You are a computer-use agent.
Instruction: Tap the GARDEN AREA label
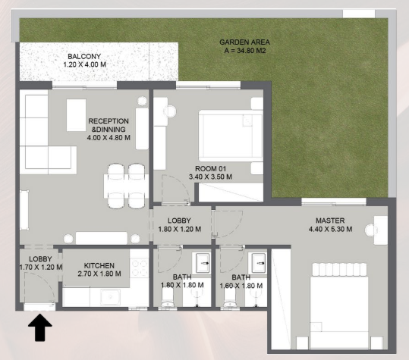(244, 42)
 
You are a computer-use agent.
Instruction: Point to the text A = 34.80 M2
(245, 52)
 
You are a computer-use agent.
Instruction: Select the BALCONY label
(83, 57)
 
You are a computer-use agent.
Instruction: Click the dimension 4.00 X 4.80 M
(109, 138)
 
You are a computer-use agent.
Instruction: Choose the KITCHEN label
(99, 265)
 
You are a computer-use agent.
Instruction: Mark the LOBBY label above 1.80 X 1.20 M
(180, 221)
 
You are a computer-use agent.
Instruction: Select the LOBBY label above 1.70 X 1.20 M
(35, 258)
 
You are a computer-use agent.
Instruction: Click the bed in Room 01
(225, 133)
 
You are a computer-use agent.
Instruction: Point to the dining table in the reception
(125, 183)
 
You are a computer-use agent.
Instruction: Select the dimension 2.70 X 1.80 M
(99, 274)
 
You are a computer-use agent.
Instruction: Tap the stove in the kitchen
(139, 268)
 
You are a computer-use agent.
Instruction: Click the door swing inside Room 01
(173, 188)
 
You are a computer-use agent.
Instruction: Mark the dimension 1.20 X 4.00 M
(83, 66)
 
